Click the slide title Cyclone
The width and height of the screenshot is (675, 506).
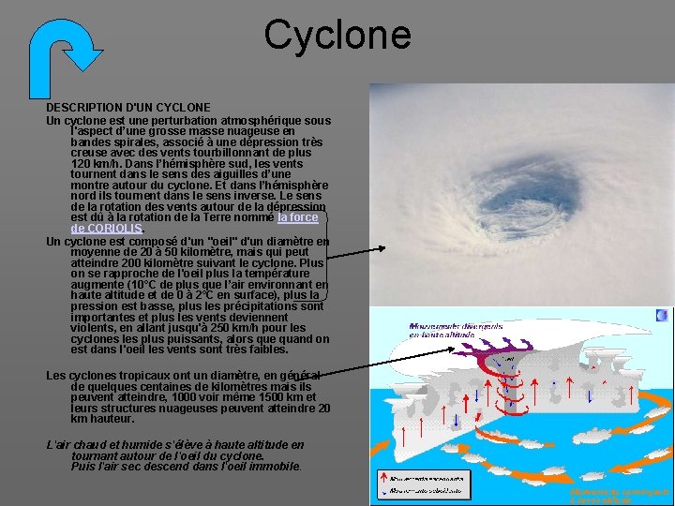pos(337,35)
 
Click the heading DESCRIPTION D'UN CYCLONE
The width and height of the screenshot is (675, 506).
pos(128,108)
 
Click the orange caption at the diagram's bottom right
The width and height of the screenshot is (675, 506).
pos(621,495)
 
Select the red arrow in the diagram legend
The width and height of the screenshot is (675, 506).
pos(384,478)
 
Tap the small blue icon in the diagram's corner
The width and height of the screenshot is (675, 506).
pos(662,317)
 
